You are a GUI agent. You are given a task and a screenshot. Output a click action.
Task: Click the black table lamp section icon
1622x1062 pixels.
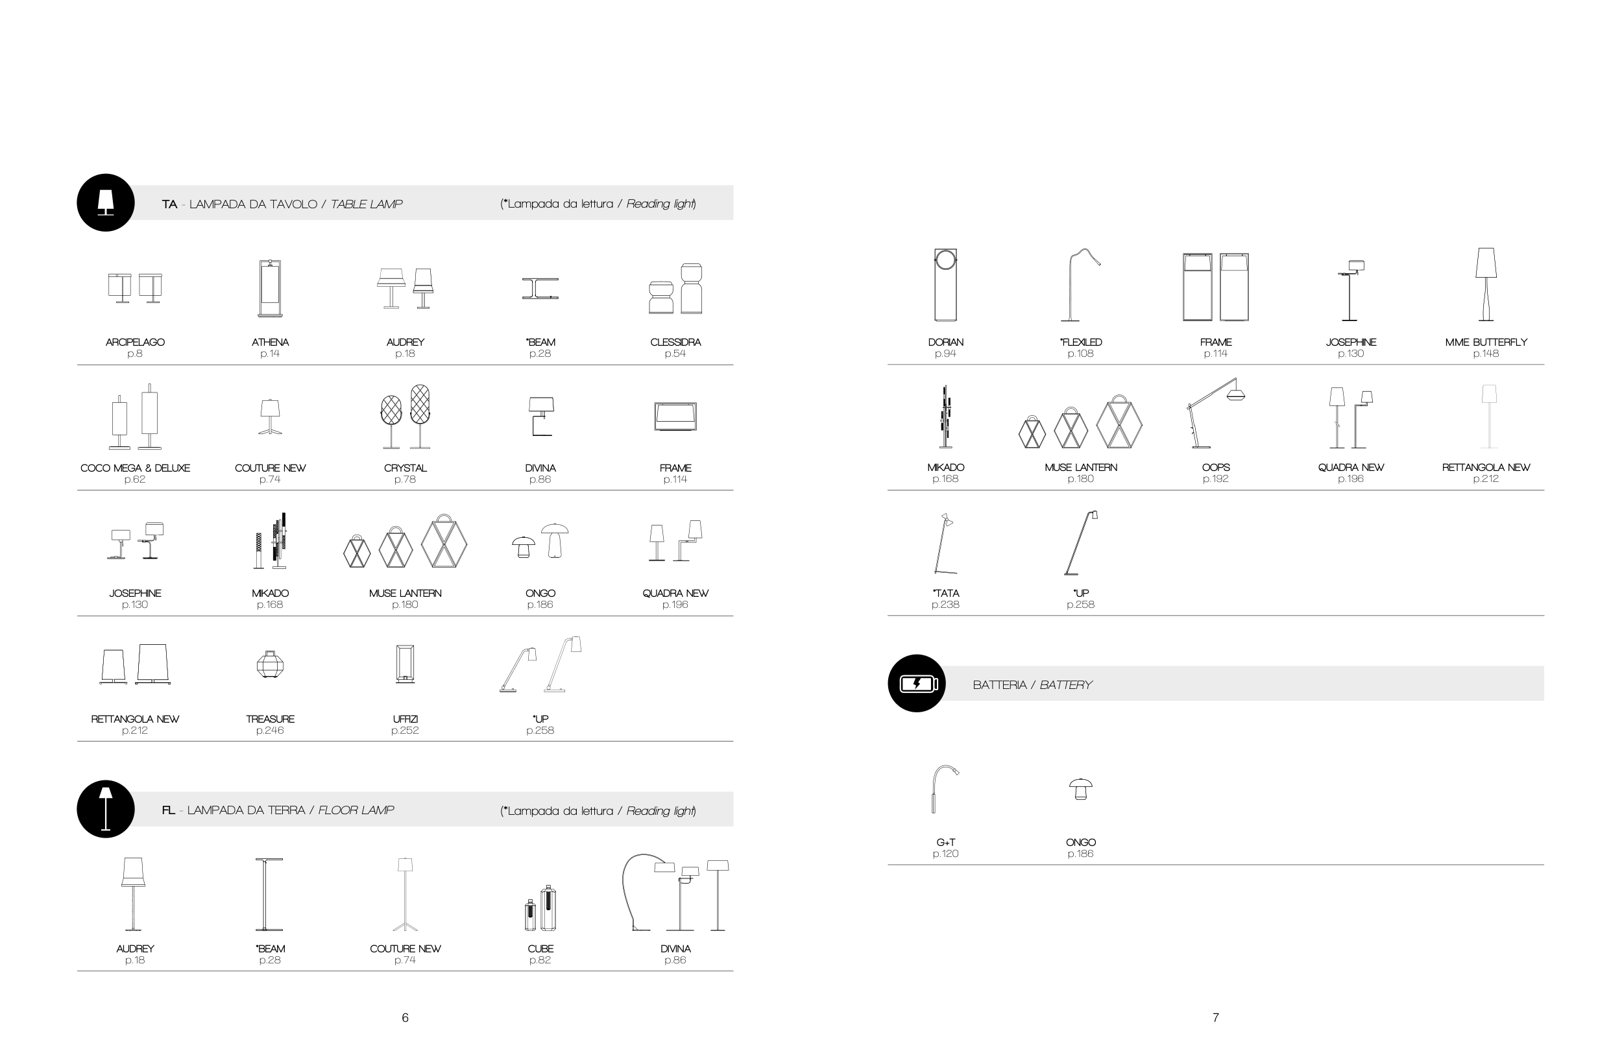(106, 202)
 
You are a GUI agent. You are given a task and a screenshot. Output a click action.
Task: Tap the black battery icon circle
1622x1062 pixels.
(917, 683)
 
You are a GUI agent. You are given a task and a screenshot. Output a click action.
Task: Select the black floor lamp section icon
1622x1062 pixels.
(106, 808)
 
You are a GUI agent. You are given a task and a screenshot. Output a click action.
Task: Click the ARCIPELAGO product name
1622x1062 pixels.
(135, 342)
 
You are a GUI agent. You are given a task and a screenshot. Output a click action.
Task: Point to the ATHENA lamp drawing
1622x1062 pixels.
(270, 287)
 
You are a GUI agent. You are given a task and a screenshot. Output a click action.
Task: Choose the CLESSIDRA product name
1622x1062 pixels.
(675, 342)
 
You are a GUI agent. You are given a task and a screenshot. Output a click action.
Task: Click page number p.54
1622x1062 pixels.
(675, 354)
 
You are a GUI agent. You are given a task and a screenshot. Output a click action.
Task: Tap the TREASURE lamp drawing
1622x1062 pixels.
(270, 664)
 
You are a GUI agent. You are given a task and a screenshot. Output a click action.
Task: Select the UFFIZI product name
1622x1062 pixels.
(405, 719)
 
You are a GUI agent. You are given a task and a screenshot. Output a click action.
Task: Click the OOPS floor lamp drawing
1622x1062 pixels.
(1216, 413)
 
